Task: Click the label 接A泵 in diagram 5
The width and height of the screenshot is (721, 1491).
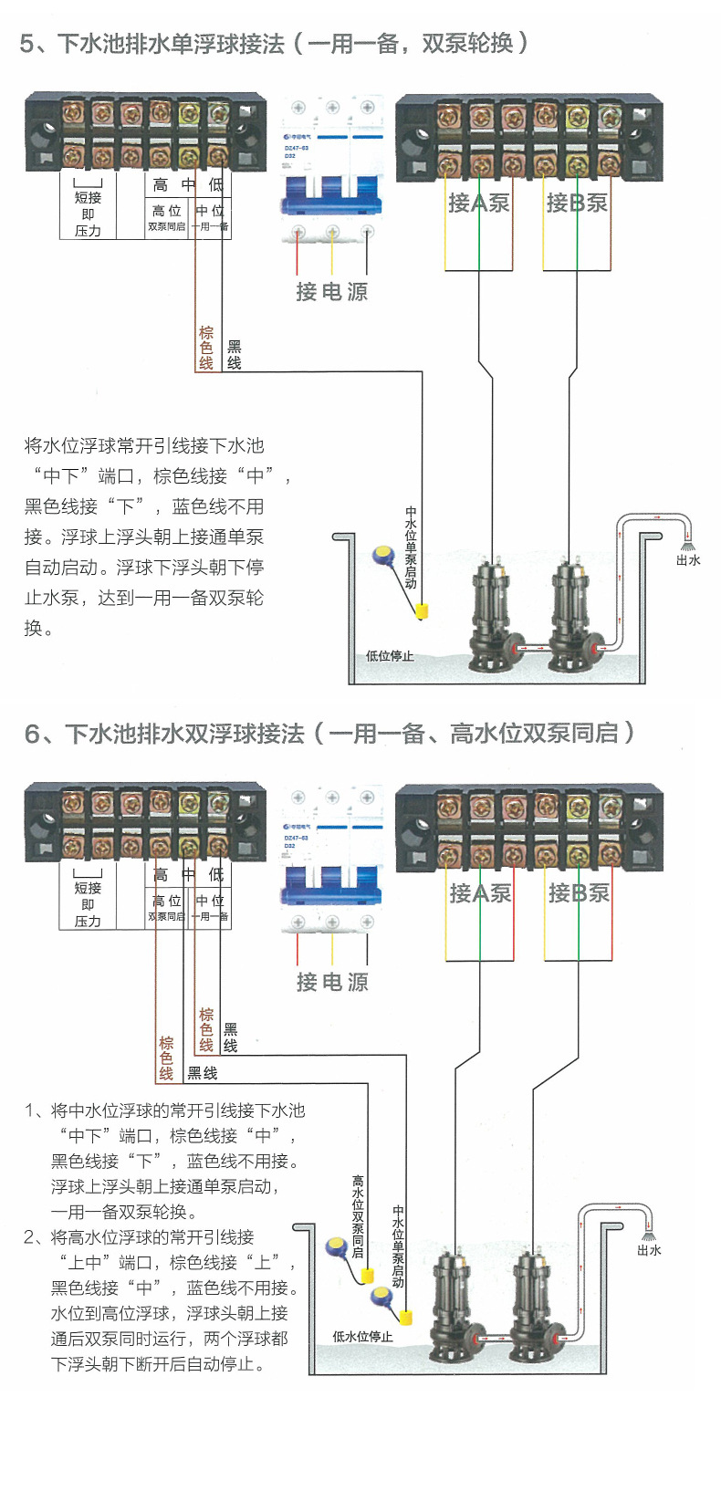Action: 478,203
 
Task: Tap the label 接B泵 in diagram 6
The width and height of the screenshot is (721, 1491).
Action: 579,892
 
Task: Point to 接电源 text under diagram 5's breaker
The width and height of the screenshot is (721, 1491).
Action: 332,292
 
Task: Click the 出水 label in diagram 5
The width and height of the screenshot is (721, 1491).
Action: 688,560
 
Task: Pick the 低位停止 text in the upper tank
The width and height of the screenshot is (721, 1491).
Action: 390,655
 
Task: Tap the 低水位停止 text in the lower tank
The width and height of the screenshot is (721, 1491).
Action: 363,1336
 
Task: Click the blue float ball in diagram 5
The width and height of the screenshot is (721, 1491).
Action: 382,554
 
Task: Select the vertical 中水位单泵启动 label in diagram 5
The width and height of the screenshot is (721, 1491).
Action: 411,547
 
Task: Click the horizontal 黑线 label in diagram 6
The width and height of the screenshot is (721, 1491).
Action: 203,1073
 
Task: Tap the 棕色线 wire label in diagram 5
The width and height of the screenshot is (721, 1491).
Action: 206,348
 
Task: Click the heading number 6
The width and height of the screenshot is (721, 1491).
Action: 33,734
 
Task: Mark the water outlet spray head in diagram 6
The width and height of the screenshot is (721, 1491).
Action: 649,1235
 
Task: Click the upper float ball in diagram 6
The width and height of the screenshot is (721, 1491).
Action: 337,1245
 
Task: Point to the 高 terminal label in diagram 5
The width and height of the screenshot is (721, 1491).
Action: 161,185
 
